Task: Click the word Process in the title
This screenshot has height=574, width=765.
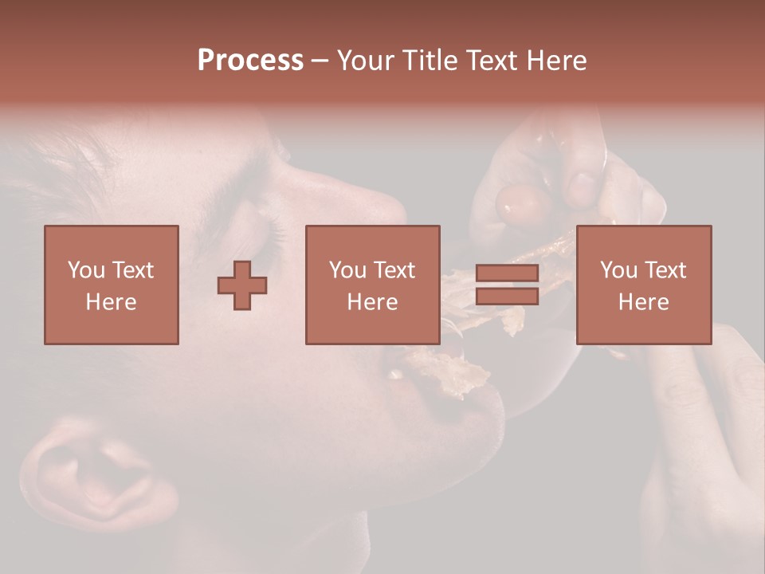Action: [x=250, y=61]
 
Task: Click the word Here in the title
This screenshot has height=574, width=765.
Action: [x=557, y=61]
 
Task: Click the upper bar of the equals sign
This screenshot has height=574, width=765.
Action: [x=507, y=273]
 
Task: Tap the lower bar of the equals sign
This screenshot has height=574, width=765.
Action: [x=507, y=297]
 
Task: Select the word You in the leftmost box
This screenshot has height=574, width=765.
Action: [x=86, y=270]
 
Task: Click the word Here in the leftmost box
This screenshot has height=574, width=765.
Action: [x=111, y=302]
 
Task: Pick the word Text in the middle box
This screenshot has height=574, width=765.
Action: [x=395, y=270]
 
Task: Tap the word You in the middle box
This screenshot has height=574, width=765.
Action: [x=347, y=270]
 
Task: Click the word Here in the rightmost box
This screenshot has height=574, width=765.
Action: [x=643, y=302]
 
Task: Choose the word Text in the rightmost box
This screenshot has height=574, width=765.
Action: [x=666, y=270]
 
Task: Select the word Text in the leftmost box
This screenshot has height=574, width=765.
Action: [x=134, y=270]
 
